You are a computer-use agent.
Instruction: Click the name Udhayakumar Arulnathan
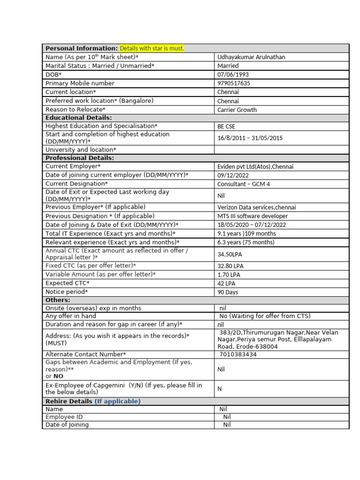pyautogui.click(x=251, y=57)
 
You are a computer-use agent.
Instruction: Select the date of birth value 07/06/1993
pyautogui.click(x=233, y=75)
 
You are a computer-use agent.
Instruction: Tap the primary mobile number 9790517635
pyautogui.click(x=233, y=83)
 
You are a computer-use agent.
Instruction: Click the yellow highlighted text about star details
pyautogui.click(x=152, y=48)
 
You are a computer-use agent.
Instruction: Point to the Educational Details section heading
pyautogui.click(x=79, y=118)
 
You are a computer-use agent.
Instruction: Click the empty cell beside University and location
pyautogui.click(x=281, y=150)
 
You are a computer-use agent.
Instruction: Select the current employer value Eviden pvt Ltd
pyautogui.click(x=255, y=166)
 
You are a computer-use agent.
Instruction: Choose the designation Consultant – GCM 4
pyautogui.click(x=243, y=184)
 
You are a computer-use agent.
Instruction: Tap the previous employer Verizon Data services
pyautogui.click(x=256, y=207)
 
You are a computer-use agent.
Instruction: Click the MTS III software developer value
pyautogui.click(x=253, y=216)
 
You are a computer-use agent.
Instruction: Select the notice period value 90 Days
pyautogui.click(x=227, y=292)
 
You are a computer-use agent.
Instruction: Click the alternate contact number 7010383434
pyautogui.click(x=238, y=354)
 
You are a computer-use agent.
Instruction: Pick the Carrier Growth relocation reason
pyautogui.click(x=237, y=110)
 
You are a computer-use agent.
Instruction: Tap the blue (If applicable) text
pyautogui.click(x=117, y=401)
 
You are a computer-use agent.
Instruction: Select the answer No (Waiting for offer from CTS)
pyautogui.click(x=265, y=316)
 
